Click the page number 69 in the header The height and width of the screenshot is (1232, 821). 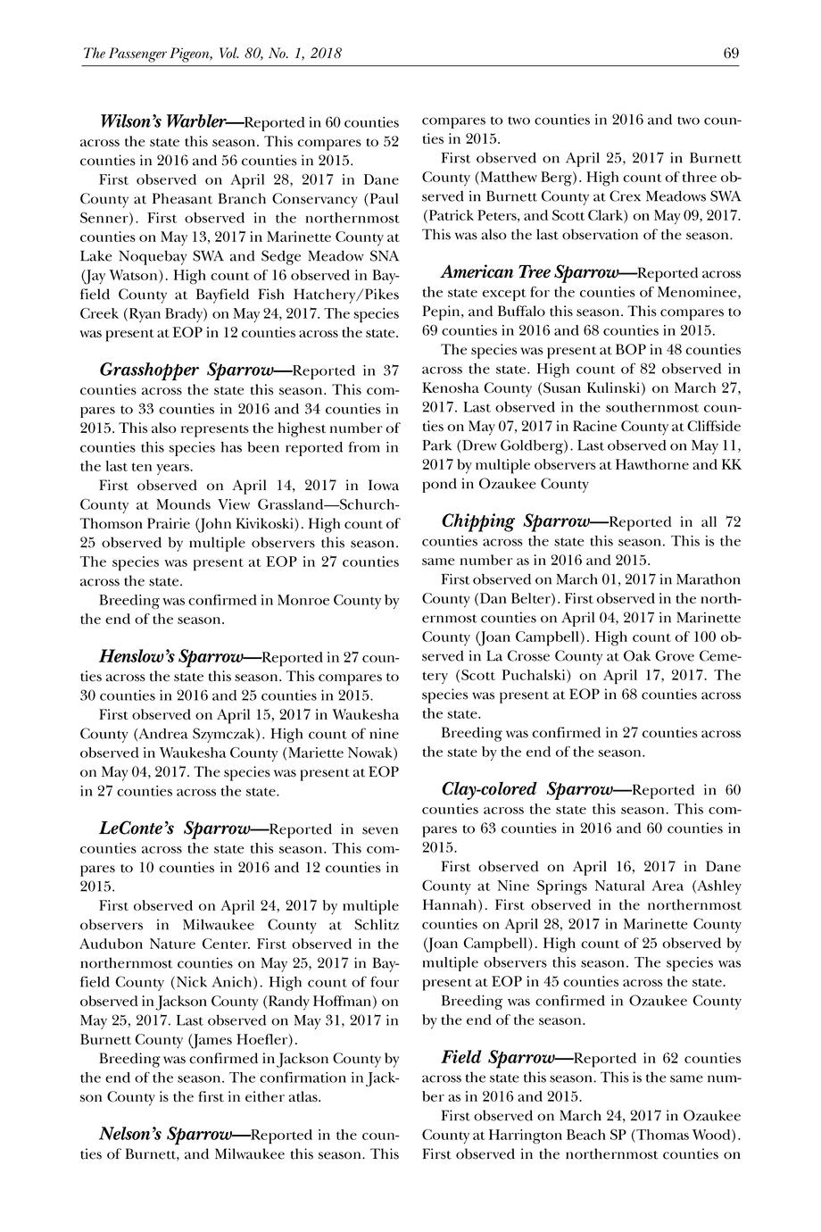tap(731, 54)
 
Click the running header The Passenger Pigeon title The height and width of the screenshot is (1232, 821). tap(212, 54)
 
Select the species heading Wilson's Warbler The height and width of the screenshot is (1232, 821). tap(160, 121)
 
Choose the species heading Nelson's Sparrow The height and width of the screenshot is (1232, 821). tap(165, 1135)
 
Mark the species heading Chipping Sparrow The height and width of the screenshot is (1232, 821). tap(516, 520)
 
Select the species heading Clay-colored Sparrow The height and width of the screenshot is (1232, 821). tap(527, 789)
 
